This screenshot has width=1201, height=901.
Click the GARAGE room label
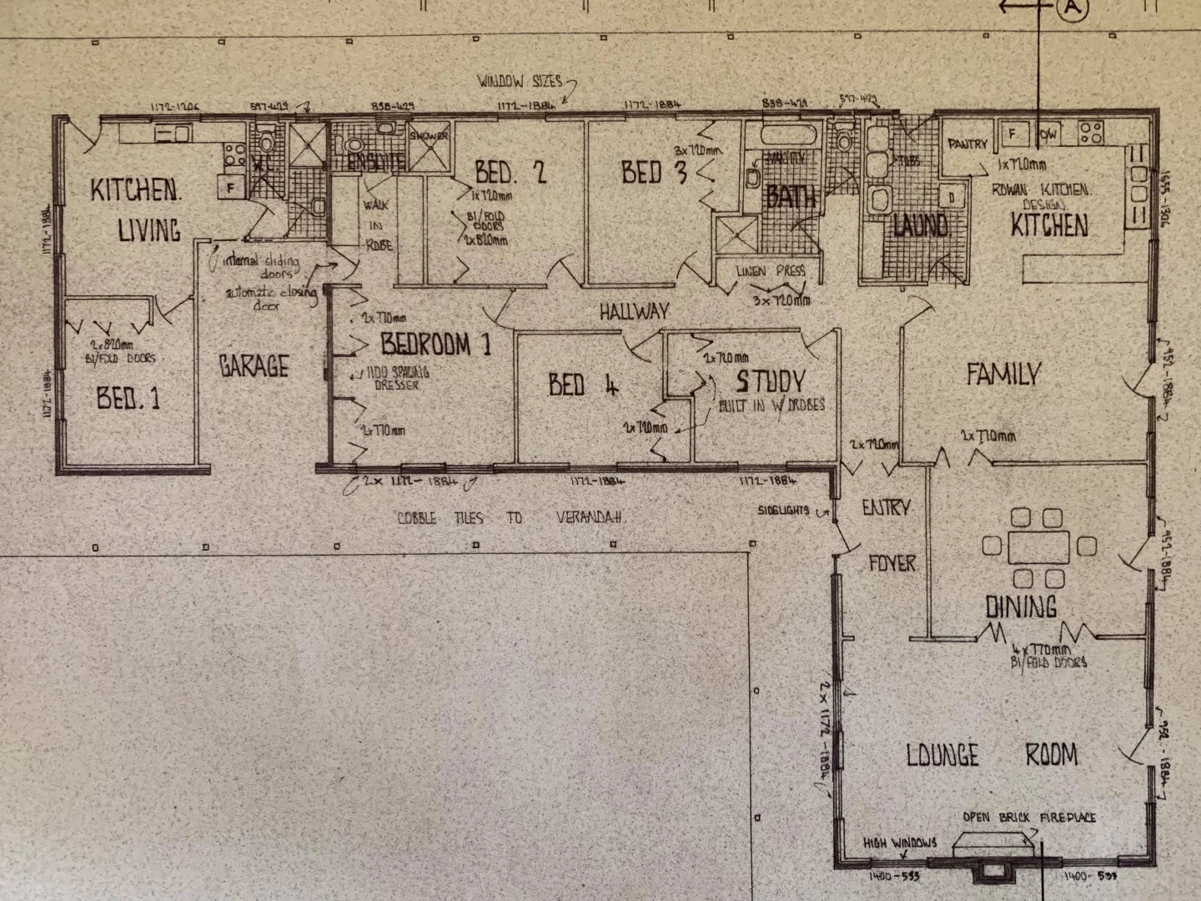254,365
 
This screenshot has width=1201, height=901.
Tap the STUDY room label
770,382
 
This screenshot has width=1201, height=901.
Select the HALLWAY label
634,311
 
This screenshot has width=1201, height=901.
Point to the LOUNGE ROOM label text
992,756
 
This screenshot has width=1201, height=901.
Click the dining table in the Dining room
1038,547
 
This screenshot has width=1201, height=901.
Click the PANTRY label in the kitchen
967,144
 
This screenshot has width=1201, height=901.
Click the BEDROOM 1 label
435,344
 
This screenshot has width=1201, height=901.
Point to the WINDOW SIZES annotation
517,82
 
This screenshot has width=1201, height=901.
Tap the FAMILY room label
1003,374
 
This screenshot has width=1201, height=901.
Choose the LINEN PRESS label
771,271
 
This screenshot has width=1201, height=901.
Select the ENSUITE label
376,163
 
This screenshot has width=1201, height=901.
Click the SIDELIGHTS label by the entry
783,511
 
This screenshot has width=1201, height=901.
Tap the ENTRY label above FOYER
886,507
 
